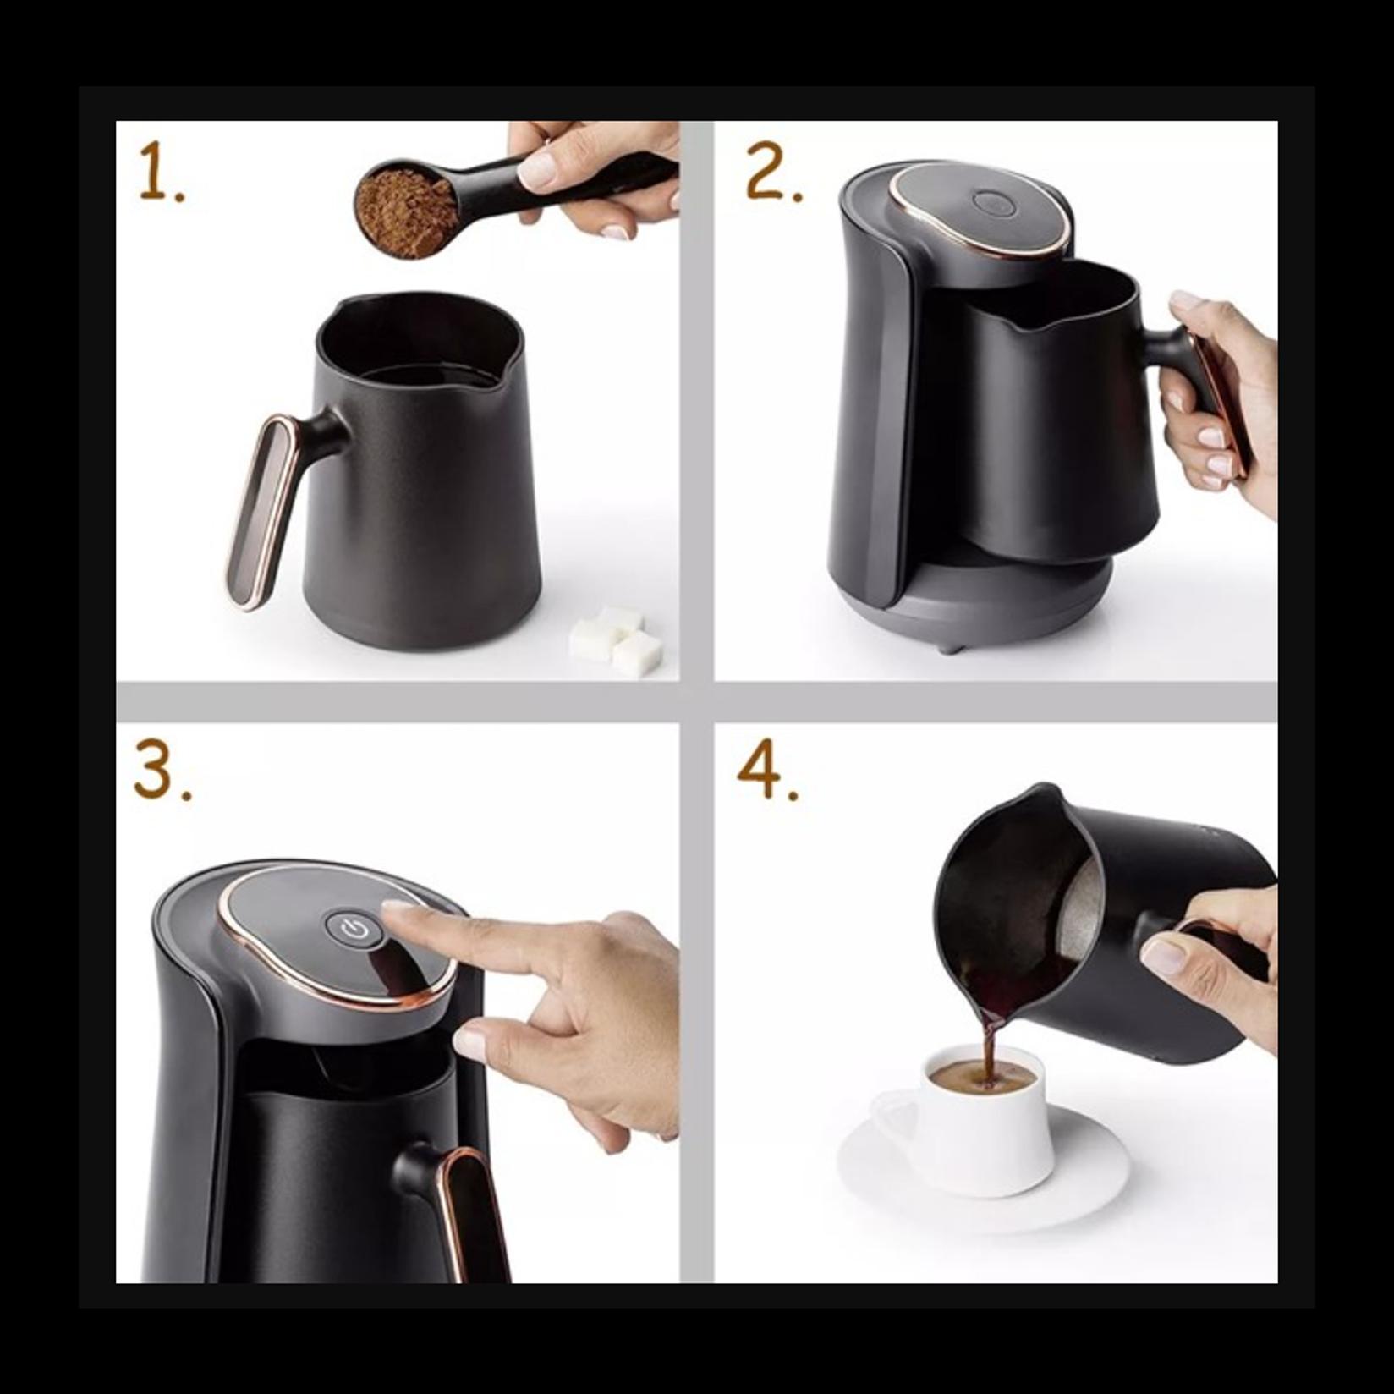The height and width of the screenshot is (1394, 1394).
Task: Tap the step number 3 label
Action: point(161,773)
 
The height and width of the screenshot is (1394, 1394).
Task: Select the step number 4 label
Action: point(766,773)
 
